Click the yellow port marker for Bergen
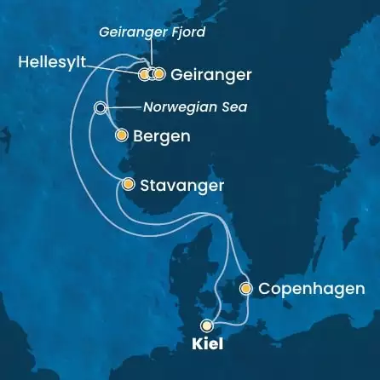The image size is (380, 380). click(121, 135)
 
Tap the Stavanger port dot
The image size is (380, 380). click(128, 184)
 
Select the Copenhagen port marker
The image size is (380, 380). click(245, 289)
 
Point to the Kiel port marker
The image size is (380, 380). click(206, 325)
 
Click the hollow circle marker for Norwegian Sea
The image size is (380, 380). click(100, 108)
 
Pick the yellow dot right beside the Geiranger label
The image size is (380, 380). click(159, 74)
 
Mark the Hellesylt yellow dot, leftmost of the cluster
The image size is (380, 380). click(143, 74)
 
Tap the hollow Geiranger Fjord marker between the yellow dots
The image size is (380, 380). click(151, 74)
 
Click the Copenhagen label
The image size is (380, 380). click(311, 290)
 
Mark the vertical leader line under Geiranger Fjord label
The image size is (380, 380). click(151, 55)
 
